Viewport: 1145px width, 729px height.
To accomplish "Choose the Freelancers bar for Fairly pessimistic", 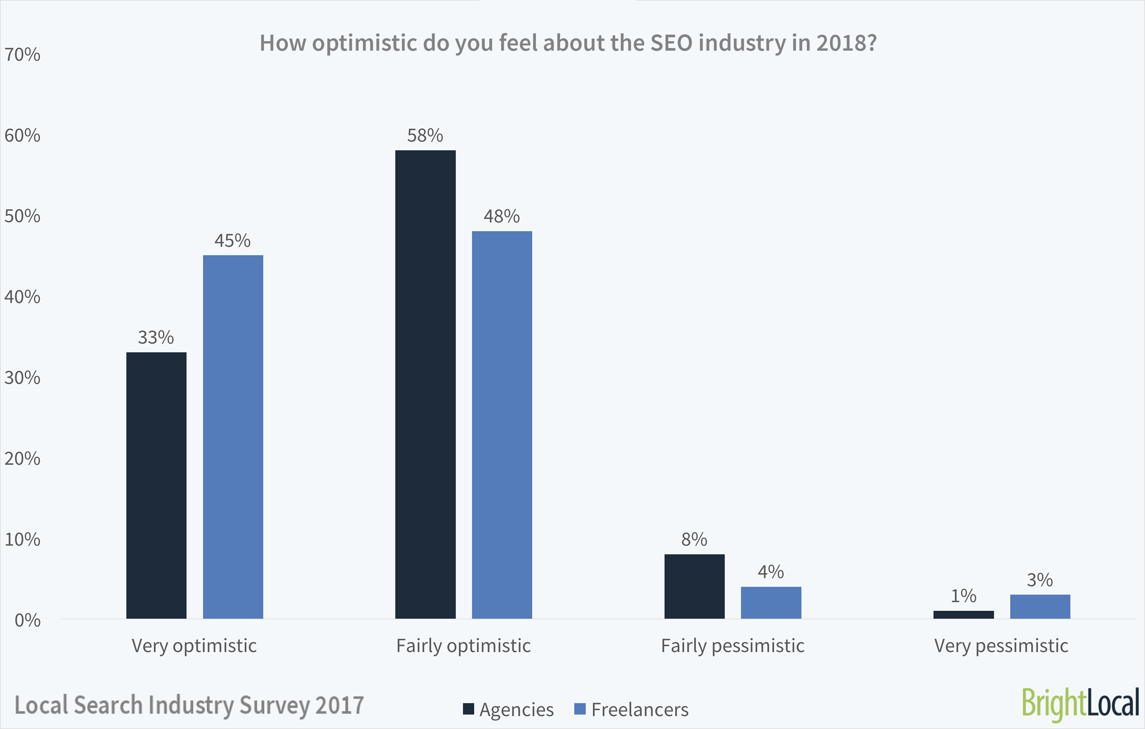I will (771, 602).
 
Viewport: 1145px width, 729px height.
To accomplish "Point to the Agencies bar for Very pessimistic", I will (963, 615).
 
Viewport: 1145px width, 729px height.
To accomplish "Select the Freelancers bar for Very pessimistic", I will (1040, 606).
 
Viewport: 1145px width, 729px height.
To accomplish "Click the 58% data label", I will (425, 136).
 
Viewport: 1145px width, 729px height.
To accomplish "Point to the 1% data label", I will (963, 596).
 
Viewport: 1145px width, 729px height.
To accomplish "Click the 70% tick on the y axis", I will (22, 55).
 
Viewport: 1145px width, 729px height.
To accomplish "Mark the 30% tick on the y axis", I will (22, 378).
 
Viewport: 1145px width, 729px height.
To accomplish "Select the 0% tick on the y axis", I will (27, 620).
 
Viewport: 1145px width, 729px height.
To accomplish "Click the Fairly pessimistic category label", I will (732, 646).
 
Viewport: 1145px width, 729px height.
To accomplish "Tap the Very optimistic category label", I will (194, 646).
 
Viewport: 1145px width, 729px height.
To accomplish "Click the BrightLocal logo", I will (1080, 704).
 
